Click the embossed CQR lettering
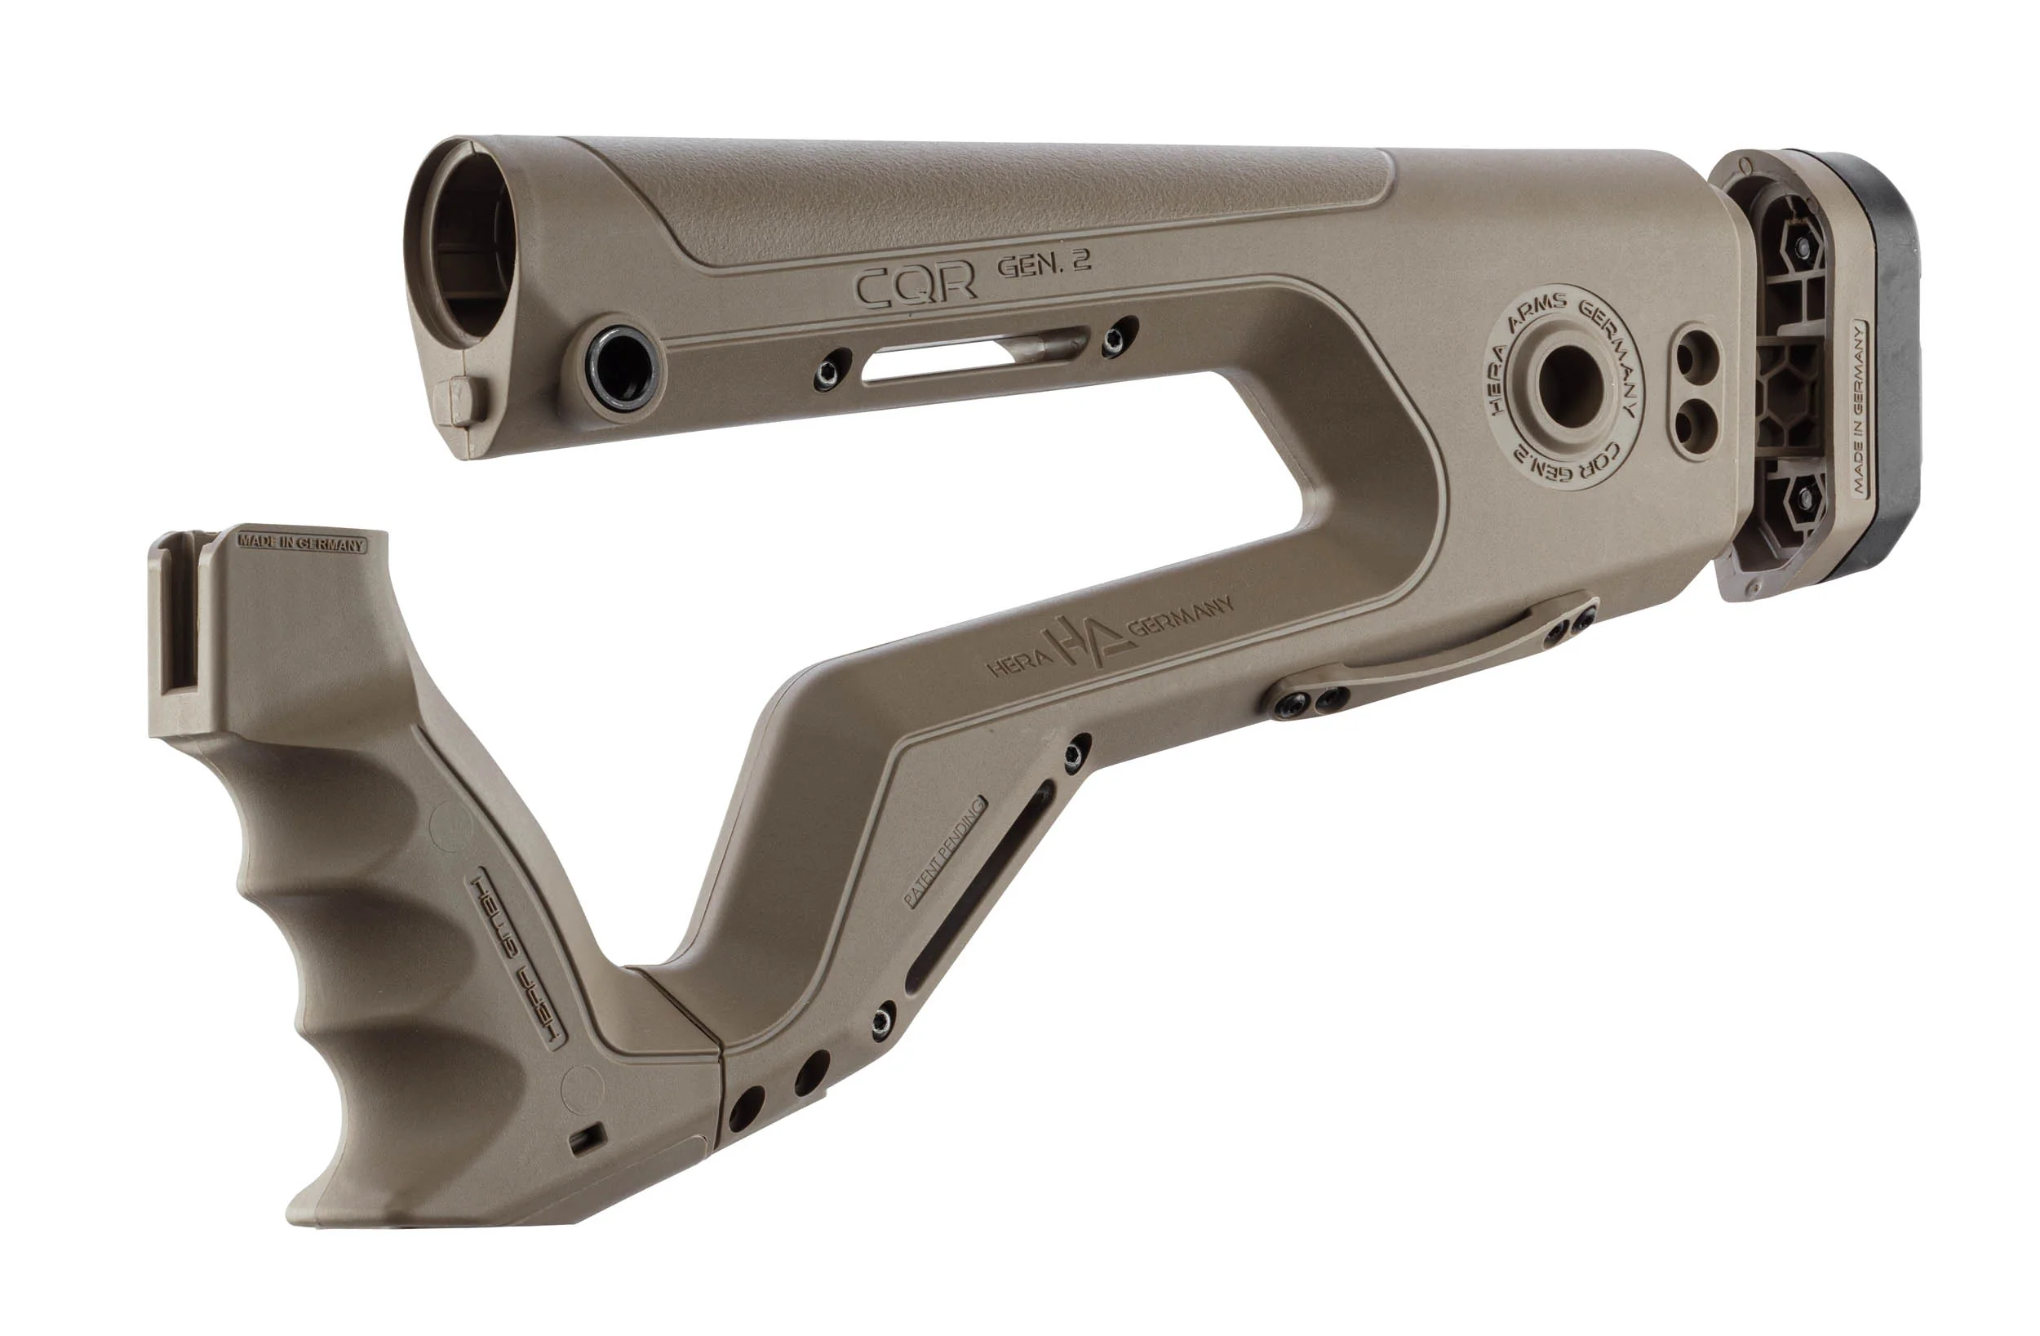point(916,286)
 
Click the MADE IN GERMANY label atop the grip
point(302,544)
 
